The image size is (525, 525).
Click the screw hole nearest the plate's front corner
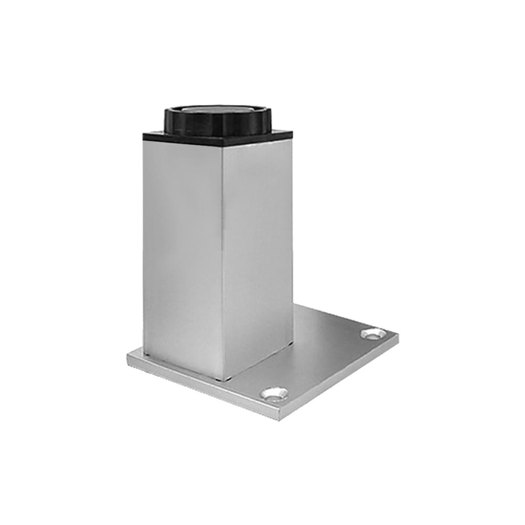click(x=275, y=393)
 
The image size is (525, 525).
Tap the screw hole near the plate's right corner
click(x=373, y=334)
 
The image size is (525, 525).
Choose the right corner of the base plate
click(x=398, y=336)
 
